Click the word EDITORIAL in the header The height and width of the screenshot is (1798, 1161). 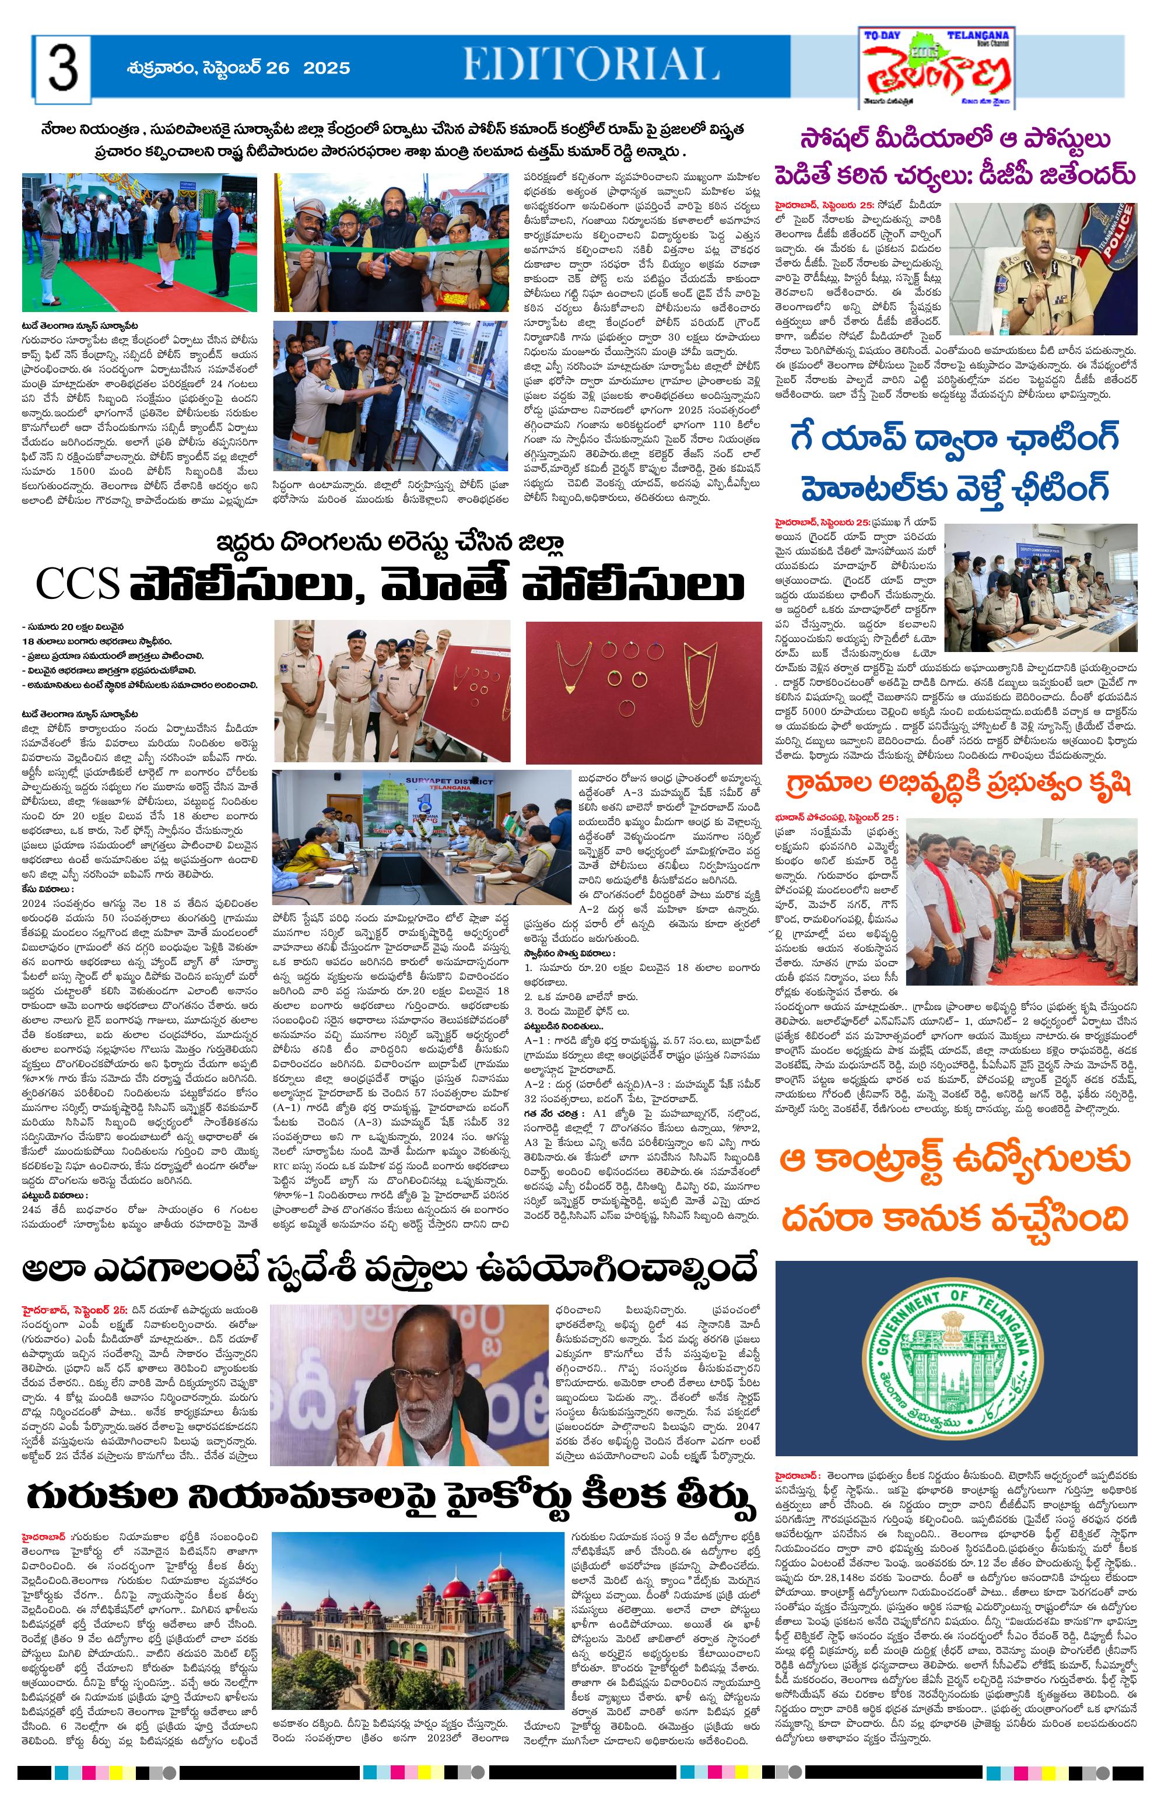pyautogui.click(x=590, y=65)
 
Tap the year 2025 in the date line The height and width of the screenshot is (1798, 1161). pyautogui.click(x=327, y=68)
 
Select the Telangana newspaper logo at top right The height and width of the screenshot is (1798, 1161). pyautogui.click(x=936, y=69)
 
